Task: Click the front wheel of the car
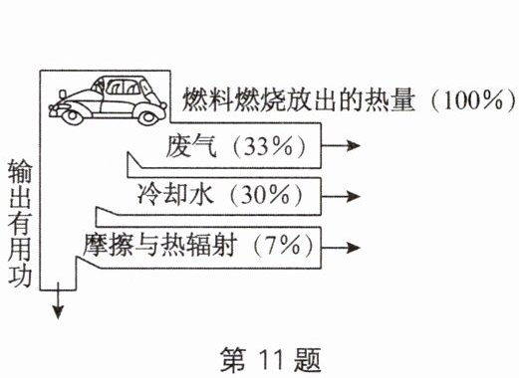click(73, 116)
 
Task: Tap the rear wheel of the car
click(148, 117)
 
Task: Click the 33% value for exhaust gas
click(269, 146)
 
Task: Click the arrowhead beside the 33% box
click(353, 145)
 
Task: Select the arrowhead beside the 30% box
click(353, 196)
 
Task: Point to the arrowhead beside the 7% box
click(353, 248)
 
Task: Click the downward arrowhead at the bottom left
click(58, 312)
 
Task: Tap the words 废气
click(191, 146)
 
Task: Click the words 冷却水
click(175, 194)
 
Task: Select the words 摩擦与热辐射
click(160, 246)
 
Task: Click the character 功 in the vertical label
click(20, 276)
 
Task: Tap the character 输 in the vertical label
click(20, 171)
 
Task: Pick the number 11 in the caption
click(271, 360)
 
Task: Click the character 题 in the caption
click(307, 360)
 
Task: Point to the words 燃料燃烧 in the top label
click(233, 99)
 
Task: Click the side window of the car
click(124, 87)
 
